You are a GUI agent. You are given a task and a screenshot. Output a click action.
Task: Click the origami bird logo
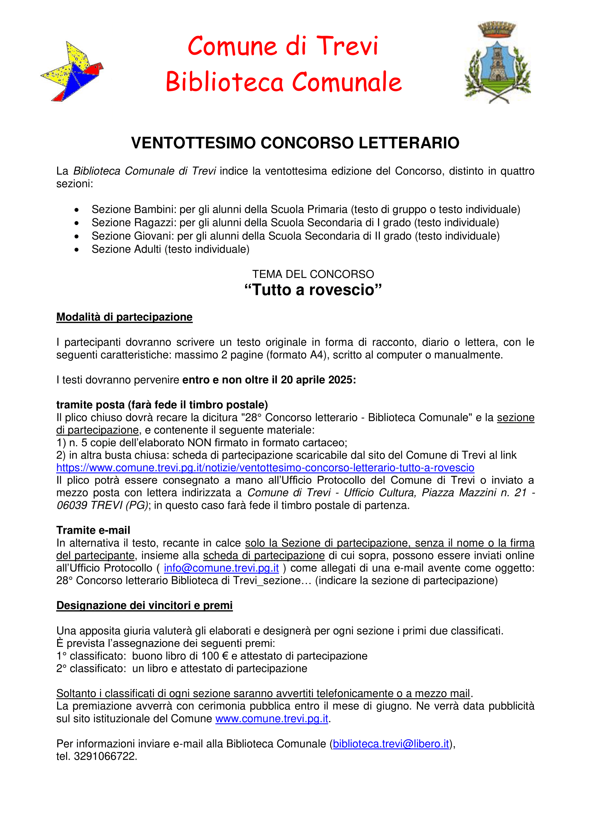click(72, 71)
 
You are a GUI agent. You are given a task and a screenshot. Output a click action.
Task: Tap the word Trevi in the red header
click(347, 46)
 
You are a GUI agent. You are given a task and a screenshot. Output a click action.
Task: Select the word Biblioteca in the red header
click(224, 82)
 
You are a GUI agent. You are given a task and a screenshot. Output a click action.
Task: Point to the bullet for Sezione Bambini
click(76, 210)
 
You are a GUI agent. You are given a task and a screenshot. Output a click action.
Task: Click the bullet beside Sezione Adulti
click(76, 250)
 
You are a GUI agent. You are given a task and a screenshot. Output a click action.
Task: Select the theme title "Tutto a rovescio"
click(313, 290)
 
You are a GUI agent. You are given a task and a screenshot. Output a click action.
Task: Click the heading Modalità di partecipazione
click(124, 317)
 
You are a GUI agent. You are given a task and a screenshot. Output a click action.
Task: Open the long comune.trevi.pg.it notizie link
click(265, 468)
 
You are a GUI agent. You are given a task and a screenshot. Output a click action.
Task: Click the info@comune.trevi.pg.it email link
click(221, 568)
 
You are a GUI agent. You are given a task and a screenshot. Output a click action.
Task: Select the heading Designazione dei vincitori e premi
click(144, 605)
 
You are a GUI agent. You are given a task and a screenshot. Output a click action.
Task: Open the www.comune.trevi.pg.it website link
click(272, 719)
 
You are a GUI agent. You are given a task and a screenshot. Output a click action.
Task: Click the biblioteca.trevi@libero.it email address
click(391, 744)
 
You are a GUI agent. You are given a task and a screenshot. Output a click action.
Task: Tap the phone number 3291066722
click(105, 756)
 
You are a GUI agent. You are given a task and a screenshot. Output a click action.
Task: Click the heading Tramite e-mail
click(93, 530)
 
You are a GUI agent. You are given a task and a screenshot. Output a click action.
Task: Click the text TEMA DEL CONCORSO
click(313, 274)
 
